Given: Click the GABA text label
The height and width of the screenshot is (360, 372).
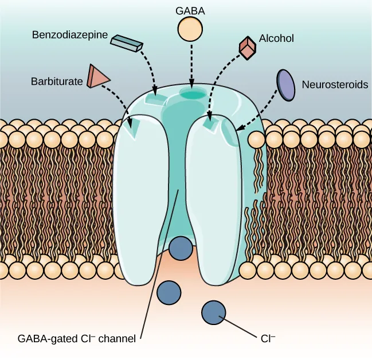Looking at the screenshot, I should pos(190,10).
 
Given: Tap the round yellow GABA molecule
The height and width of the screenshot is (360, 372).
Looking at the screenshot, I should pos(191,29).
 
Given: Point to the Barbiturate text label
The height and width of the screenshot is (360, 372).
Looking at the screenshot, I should pos(56,82).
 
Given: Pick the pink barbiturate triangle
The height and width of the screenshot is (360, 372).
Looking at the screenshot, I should pos(97,76).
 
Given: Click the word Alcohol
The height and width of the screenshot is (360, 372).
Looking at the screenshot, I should pos(278,39).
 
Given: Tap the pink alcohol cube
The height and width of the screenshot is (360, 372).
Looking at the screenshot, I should pos(247,48).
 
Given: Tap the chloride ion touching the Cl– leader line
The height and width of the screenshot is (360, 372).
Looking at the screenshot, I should pos(213,312).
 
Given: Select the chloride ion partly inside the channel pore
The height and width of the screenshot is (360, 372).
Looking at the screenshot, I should pos(181,248).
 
